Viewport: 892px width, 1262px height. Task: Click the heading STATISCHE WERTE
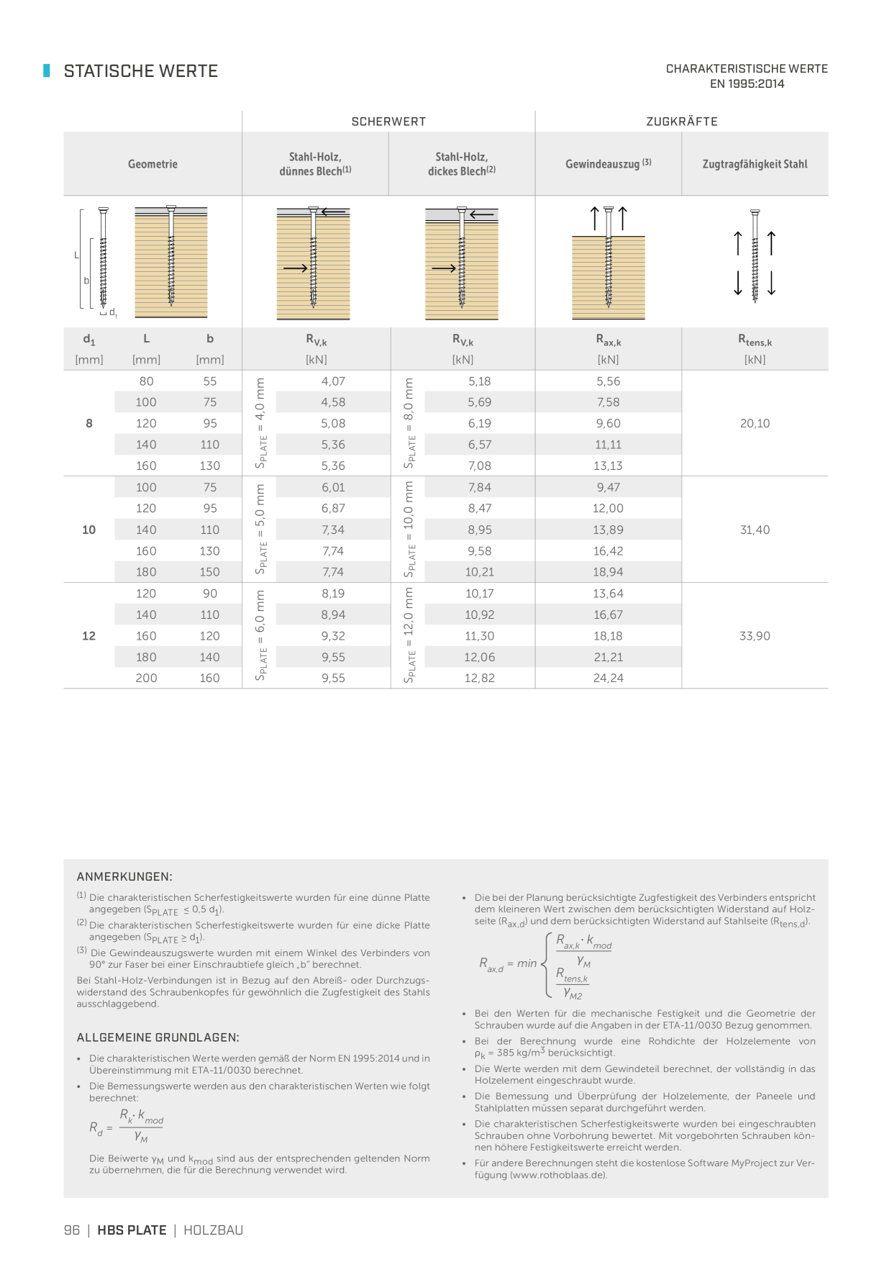(140, 71)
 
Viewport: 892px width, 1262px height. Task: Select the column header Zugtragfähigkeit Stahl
(755, 164)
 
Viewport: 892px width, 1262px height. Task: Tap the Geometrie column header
(153, 164)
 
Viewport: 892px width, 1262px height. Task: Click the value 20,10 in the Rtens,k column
(755, 424)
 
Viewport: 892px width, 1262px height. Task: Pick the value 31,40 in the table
(755, 530)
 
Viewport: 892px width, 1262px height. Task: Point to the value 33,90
(755, 636)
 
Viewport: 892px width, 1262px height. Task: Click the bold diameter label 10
(88, 530)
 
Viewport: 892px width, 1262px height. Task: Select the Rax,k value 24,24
(608, 678)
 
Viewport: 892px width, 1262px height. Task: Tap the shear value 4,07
(333, 381)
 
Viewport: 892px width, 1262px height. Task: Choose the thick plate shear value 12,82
(479, 678)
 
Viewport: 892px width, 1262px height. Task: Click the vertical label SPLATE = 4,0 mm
(260, 423)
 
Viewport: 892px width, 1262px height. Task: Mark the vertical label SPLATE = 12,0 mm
(409, 635)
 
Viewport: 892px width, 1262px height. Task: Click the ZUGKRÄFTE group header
(681, 122)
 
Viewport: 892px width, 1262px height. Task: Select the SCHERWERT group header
(388, 122)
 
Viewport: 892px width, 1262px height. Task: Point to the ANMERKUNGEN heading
(124, 876)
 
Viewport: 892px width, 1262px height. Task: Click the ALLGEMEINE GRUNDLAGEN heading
(158, 1038)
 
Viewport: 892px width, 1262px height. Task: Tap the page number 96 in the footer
(72, 1230)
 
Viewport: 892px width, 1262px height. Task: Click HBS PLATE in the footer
(132, 1230)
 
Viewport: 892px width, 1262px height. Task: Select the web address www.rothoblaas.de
(557, 1175)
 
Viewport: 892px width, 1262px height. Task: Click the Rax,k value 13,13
(608, 466)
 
